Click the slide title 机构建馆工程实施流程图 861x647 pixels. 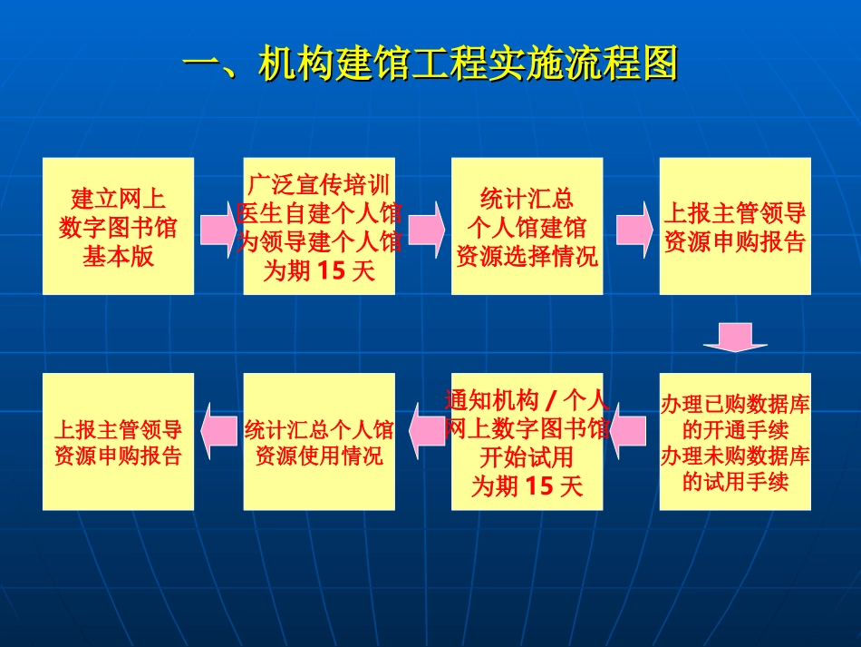point(430,64)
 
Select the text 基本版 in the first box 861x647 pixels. point(119,256)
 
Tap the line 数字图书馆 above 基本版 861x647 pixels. point(119,227)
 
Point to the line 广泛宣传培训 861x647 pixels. point(319,185)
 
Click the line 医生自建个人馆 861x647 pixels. point(319,213)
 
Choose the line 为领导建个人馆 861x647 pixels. point(319,241)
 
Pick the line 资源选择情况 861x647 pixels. point(527,256)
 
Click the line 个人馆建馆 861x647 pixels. point(527,227)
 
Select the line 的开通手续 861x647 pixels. point(735,429)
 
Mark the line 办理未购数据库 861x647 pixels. point(735,456)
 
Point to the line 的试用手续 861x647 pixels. point(735,481)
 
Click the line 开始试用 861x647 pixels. point(527,456)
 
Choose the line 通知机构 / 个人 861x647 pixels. point(527,399)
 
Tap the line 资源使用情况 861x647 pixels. point(319,455)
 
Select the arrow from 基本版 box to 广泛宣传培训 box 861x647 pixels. point(218,225)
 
